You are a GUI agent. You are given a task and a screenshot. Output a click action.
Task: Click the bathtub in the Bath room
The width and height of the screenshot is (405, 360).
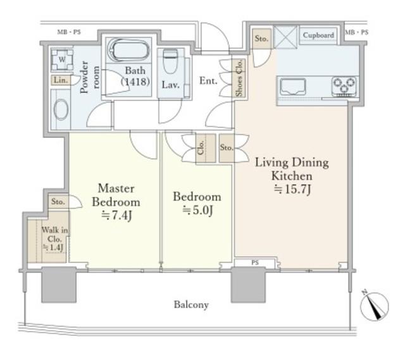tap(128, 50)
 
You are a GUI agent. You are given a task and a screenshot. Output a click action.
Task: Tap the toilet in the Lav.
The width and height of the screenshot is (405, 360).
tap(170, 61)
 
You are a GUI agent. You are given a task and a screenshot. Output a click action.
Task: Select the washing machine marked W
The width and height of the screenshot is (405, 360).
tap(62, 59)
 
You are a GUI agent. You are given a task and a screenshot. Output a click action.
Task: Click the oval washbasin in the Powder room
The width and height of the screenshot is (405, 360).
tap(61, 109)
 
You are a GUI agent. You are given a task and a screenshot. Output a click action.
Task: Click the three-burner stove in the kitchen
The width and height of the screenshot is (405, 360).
tap(344, 86)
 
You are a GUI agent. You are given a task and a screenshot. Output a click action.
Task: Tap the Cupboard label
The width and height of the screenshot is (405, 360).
tap(318, 35)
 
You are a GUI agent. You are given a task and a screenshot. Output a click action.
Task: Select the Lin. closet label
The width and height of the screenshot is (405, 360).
tap(61, 80)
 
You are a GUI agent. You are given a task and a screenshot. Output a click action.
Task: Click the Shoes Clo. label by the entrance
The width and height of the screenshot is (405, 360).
tap(239, 78)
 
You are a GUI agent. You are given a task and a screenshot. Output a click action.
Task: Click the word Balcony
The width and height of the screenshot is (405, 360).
tap(191, 305)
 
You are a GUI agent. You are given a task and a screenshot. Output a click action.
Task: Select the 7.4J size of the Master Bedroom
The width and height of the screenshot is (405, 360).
tap(116, 215)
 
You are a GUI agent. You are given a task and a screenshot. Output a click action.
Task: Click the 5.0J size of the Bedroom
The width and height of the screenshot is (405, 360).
tap(197, 211)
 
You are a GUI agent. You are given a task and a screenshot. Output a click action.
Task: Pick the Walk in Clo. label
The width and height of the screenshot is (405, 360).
tap(54, 239)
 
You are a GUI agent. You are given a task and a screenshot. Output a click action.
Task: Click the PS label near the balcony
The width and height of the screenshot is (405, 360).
tap(255, 263)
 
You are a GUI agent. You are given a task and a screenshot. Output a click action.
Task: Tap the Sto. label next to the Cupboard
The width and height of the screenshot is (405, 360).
tap(261, 39)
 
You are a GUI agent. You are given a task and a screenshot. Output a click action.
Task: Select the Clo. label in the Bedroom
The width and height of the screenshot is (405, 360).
tap(201, 148)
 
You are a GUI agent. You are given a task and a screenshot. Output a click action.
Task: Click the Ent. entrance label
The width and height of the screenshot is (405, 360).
tap(208, 81)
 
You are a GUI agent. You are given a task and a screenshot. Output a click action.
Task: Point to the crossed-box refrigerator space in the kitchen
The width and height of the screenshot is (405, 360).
tap(285, 37)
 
